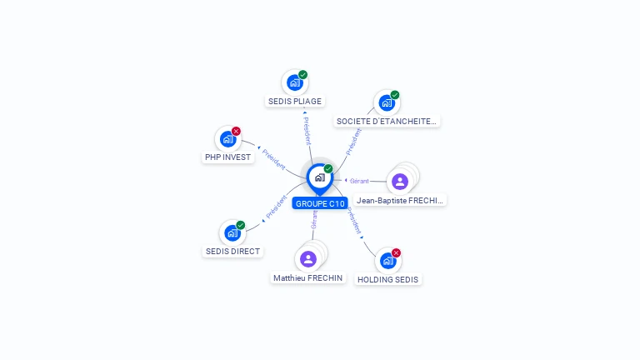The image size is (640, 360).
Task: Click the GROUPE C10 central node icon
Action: (x=319, y=177)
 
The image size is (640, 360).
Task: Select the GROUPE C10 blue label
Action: (x=320, y=203)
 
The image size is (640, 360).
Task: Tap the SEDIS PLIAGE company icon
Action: (x=294, y=82)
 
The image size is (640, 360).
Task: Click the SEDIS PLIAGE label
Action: (x=295, y=102)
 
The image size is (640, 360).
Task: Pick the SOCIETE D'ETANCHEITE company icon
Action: (x=386, y=102)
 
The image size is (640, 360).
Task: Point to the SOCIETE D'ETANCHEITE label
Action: (x=386, y=122)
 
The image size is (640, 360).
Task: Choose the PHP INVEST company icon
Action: (x=227, y=139)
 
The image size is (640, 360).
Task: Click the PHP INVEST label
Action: (x=227, y=157)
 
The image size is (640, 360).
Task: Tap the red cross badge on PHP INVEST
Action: (x=236, y=131)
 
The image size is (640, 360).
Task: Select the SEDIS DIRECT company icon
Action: (x=232, y=233)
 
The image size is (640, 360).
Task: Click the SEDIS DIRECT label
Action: (x=232, y=252)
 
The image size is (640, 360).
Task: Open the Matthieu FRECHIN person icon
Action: (x=308, y=259)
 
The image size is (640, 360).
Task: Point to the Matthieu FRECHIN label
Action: (x=307, y=278)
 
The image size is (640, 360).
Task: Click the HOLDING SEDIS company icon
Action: (x=387, y=261)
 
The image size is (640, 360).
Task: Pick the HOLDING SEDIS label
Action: (x=387, y=280)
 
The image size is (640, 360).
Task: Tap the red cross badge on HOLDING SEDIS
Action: (x=396, y=252)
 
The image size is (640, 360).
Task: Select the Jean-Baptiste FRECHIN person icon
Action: (x=400, y=181)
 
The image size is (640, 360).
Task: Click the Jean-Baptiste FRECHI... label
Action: (x=400, y=201)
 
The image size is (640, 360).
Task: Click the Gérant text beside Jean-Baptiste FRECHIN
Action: (x=359, y=181)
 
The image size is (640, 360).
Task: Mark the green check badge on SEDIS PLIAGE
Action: (x=302, y=75)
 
